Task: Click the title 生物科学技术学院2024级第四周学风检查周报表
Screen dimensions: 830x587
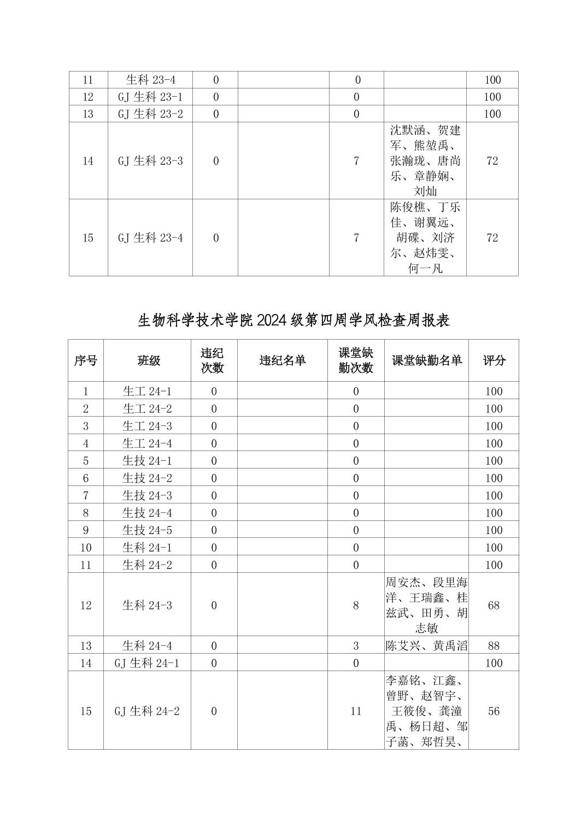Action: click(293, 320)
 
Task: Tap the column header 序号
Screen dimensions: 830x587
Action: click(86, 360)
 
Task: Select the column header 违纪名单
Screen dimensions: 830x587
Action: click(283, 360)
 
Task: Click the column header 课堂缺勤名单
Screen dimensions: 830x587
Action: click(426, 360)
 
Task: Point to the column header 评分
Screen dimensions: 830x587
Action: click(494, 360)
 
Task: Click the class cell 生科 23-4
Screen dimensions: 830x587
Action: click(150, 80)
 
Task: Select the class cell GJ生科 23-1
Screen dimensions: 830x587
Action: click(150, 97)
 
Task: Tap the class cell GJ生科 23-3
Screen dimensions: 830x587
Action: click(150, 161)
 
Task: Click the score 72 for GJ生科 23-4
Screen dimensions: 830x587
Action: click(492, 238)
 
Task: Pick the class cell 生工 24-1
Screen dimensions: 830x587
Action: click(147, 391)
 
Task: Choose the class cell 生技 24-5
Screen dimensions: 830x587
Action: click(147, 530)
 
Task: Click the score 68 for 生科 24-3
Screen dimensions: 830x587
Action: click(494, 605)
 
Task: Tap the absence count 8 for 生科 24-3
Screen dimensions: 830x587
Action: click(356, 605)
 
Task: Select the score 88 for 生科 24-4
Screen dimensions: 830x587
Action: click(494, 645)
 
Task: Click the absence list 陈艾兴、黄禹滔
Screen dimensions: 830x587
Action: click(426, 645)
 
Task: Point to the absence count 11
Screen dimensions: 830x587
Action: click(356, 711)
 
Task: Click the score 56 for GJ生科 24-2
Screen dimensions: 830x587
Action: click(494, 711)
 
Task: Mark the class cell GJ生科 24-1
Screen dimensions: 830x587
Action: click(147, 663)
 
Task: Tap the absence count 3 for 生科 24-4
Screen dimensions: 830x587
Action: click(356, 645)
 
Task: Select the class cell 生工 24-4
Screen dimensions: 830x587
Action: click(147, 443)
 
